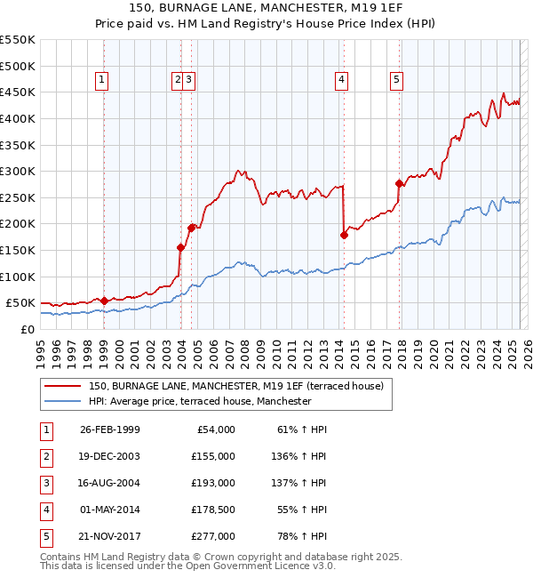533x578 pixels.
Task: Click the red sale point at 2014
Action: tap(344, 235)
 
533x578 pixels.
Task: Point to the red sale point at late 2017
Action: tap(400, 183)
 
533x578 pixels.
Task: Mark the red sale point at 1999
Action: tap(105, 301)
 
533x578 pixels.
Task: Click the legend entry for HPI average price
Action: tap(199, 401)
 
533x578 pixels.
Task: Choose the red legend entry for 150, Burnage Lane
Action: tap(235, 386)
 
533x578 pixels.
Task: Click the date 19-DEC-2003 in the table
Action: tap(110, 456)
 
